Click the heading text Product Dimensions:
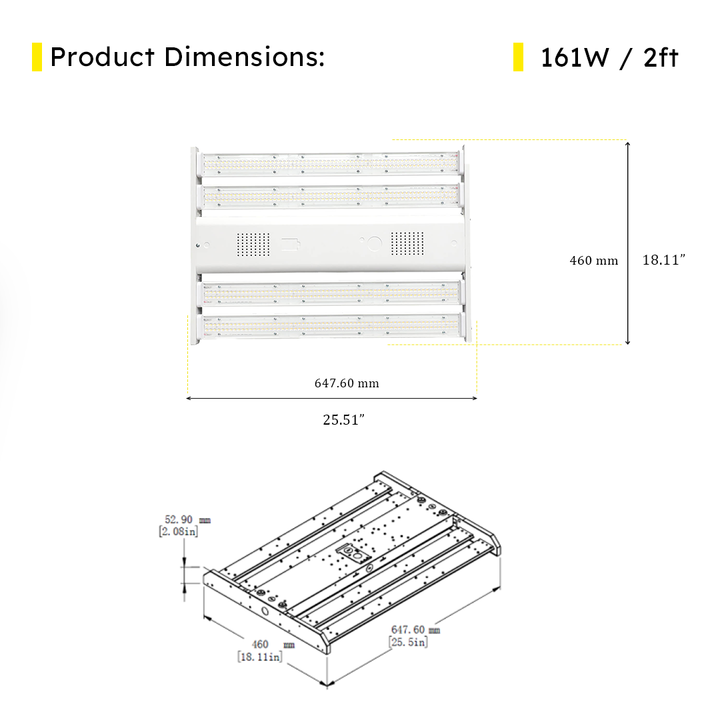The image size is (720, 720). (187, 57)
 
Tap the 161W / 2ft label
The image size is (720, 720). (609, 58)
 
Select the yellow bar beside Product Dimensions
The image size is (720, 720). (37, 57)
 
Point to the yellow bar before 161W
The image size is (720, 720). (518, 57)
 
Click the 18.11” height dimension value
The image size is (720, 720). (663, 260)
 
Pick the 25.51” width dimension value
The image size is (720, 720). (344, 420)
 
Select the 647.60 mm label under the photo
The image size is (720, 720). (347, 383)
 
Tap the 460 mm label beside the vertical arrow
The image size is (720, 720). (593, 261)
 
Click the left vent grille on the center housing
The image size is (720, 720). (253, 245)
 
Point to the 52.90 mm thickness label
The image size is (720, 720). (187, 519)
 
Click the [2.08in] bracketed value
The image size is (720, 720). (178, 531)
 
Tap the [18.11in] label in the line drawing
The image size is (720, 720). (260, 657)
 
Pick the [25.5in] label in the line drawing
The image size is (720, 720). (408, 642)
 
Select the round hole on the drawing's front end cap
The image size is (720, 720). (265, 611)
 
